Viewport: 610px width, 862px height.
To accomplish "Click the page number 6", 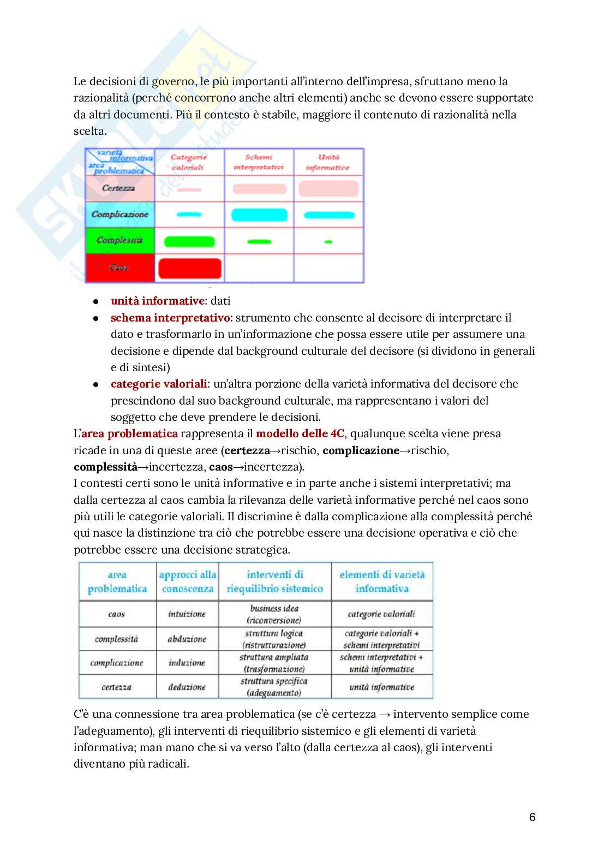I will [x=532, y=817].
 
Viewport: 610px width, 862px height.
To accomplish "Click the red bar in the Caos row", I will [x=189, y=269].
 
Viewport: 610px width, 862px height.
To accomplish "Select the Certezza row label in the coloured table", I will [x=118, y=188].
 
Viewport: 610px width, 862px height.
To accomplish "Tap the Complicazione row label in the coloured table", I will [x=119, y=215].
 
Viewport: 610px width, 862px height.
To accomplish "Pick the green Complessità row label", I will [x=119, y=240].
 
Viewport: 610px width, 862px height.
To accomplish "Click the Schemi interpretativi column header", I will [x=259, y=162].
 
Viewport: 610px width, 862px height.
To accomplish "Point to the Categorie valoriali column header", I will [x=188, y=162].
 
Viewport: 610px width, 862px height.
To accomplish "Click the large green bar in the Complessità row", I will [x=189, y=241].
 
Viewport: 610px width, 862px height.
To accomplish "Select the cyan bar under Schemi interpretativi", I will [x=259, y=215].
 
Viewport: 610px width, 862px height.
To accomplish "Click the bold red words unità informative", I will [x=157, y=301].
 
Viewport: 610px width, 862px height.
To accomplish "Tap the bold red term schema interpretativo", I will [x=170, y=318].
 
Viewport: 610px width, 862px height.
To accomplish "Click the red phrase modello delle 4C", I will [x=300, y=433].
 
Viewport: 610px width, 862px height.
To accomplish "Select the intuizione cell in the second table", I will [x=187, y=614].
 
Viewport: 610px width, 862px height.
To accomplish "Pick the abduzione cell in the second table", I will [x=187, y=639].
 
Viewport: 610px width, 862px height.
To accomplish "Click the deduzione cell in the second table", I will [x=187, y=687].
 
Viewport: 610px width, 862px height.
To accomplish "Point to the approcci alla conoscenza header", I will [x=187, y=581].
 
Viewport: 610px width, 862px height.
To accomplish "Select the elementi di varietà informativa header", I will [x=381, y=581].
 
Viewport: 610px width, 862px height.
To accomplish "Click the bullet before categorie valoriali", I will [x=96, y=384].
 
